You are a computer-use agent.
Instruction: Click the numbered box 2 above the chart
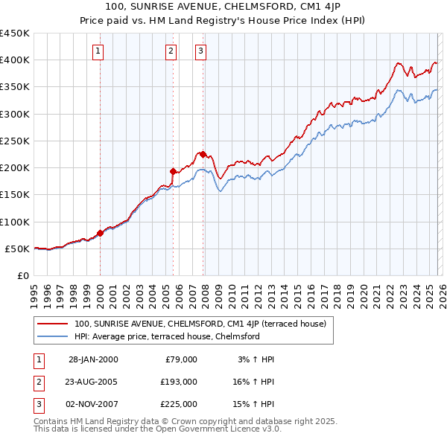171,51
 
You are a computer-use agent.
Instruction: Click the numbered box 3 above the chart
201,51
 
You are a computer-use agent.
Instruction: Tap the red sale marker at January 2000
100,233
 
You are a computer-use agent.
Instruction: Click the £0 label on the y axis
22,275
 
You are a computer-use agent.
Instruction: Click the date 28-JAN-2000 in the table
93,359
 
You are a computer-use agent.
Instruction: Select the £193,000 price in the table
180,382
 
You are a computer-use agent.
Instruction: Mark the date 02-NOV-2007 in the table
93,404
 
